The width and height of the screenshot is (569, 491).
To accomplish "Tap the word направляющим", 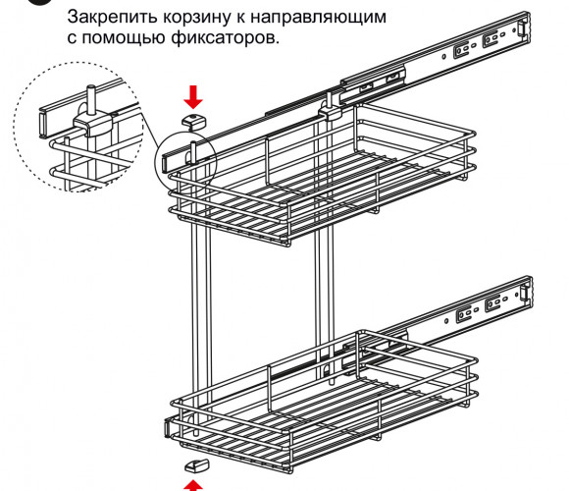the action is [x=318, y=18].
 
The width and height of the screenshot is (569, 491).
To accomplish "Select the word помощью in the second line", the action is [x=123, y=38].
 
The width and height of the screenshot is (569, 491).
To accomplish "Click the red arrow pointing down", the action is [x=193, y=97].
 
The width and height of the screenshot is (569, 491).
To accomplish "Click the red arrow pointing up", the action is [x=193, y=485].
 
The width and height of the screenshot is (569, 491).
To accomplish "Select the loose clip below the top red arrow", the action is [x=193, y=121].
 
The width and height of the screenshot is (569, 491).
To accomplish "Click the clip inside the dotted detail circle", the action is [x=94, y=124].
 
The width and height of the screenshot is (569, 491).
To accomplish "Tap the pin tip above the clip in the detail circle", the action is [x=91, y=87].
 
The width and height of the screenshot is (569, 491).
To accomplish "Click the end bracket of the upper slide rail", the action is [x=522, y=28].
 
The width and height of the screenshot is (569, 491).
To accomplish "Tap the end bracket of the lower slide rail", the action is [x=524, y=293].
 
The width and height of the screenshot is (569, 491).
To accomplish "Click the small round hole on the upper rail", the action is [x=444, y=57].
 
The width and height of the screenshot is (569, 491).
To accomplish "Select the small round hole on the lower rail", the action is [x=446, y=321].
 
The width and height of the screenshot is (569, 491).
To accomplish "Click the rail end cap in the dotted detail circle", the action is [x=43, y=124].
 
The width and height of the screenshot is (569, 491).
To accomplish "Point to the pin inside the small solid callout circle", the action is [x=194, y=152].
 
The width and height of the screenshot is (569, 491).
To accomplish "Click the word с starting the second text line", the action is [x=72, y=38].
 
